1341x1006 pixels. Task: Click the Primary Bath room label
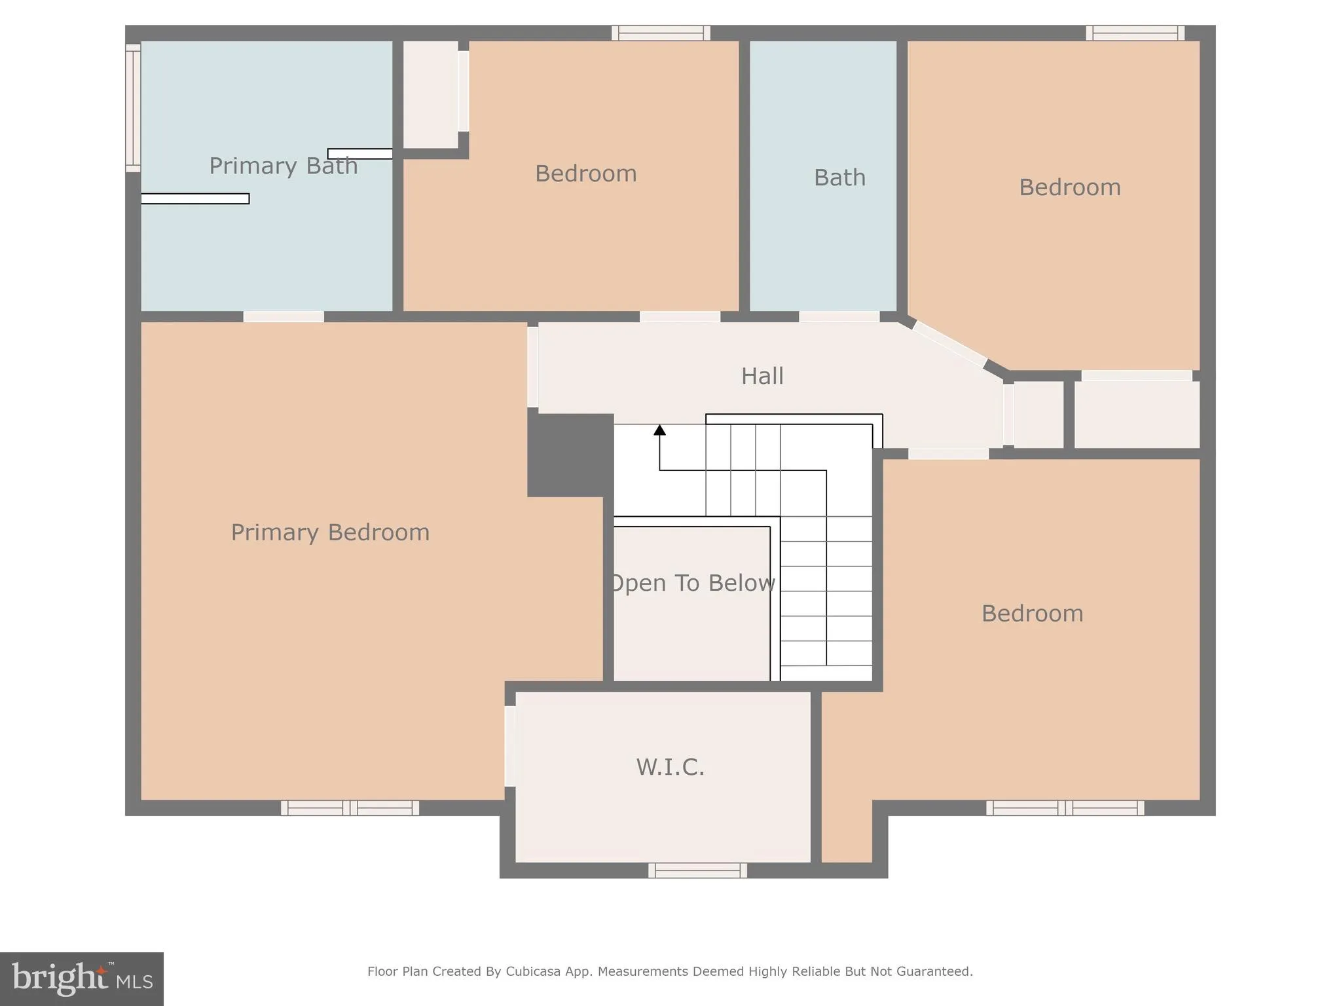(x=283, y=166)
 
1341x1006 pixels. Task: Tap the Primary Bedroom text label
(x=330, y=532)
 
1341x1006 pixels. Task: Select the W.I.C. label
(x=670, y=767)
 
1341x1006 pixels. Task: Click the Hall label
(x=762, y=376)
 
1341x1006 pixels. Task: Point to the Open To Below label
(x=692, y=583)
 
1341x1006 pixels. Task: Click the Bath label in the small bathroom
(x=839, y=177)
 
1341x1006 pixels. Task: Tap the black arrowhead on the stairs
(x=659, y=430)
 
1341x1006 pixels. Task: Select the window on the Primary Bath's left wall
(x=133, y=108)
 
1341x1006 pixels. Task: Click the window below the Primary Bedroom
(x=350, y=808)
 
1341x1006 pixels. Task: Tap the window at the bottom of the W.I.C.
(x=697, y=870)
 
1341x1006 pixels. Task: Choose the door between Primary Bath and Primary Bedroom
(x=284, y=317)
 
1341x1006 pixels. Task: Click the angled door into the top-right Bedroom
(x=949, y=344)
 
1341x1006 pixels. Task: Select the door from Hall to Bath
(x=839, y=317)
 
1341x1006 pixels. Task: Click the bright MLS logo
(x=82, y=978)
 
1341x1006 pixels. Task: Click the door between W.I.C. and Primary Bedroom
(x=509, y=745)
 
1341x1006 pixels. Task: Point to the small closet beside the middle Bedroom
(x=430, y=95)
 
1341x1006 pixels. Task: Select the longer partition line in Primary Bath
(x=195, y=198)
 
